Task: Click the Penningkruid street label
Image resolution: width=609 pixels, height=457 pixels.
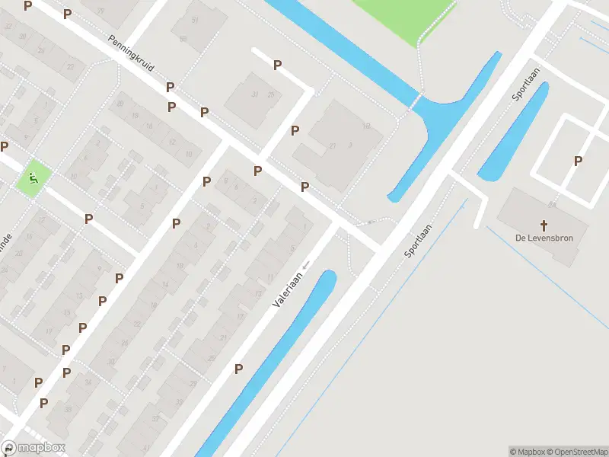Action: tap(131, 53)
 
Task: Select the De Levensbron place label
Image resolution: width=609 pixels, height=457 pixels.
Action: tap(544, 238)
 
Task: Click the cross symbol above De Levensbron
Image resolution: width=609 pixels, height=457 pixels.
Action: tap(544, 225)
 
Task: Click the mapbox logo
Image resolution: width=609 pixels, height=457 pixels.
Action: tap(33, 448)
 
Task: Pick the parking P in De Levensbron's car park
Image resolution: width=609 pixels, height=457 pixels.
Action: tap(578, 161)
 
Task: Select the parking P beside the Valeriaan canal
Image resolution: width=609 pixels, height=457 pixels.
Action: tap(238, 369)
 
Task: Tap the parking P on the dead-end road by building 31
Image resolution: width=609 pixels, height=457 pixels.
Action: tap(278, 66)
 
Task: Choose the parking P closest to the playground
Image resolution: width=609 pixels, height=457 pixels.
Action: tap(5, 146)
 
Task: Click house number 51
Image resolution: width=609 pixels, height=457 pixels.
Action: tap(195, 20)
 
